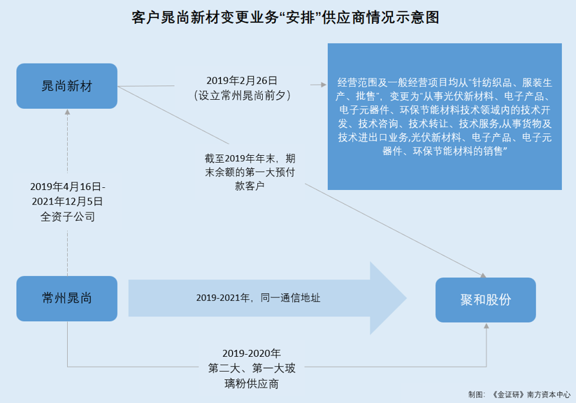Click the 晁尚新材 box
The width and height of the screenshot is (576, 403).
click(67, 86)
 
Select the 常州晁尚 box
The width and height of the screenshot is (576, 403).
click(67, 298)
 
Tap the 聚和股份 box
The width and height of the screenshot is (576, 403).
click(486, 300)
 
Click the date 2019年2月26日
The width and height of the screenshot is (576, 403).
click(242, 80)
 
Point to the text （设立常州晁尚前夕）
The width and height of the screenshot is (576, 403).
click(242, 96)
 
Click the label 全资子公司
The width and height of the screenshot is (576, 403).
click(68, 217)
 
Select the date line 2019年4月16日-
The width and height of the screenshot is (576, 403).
click(68, 186)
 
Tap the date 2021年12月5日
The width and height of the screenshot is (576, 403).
click(67, 201)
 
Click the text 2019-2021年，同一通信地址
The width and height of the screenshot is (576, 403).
click(258, 298)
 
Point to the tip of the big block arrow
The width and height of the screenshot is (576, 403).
click(406, 298)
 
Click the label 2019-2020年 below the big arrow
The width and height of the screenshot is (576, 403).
click(251, 353)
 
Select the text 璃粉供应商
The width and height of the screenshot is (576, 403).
click(251, 384)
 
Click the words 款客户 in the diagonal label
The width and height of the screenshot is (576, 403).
click(250, 186)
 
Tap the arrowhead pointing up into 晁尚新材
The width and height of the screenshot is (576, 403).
click(67, 112)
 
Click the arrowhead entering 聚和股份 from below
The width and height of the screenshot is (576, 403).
click(487, 325)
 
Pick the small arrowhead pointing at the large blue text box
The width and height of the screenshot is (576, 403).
click(324, 85)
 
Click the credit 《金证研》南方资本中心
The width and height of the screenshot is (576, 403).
click(531, 395)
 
